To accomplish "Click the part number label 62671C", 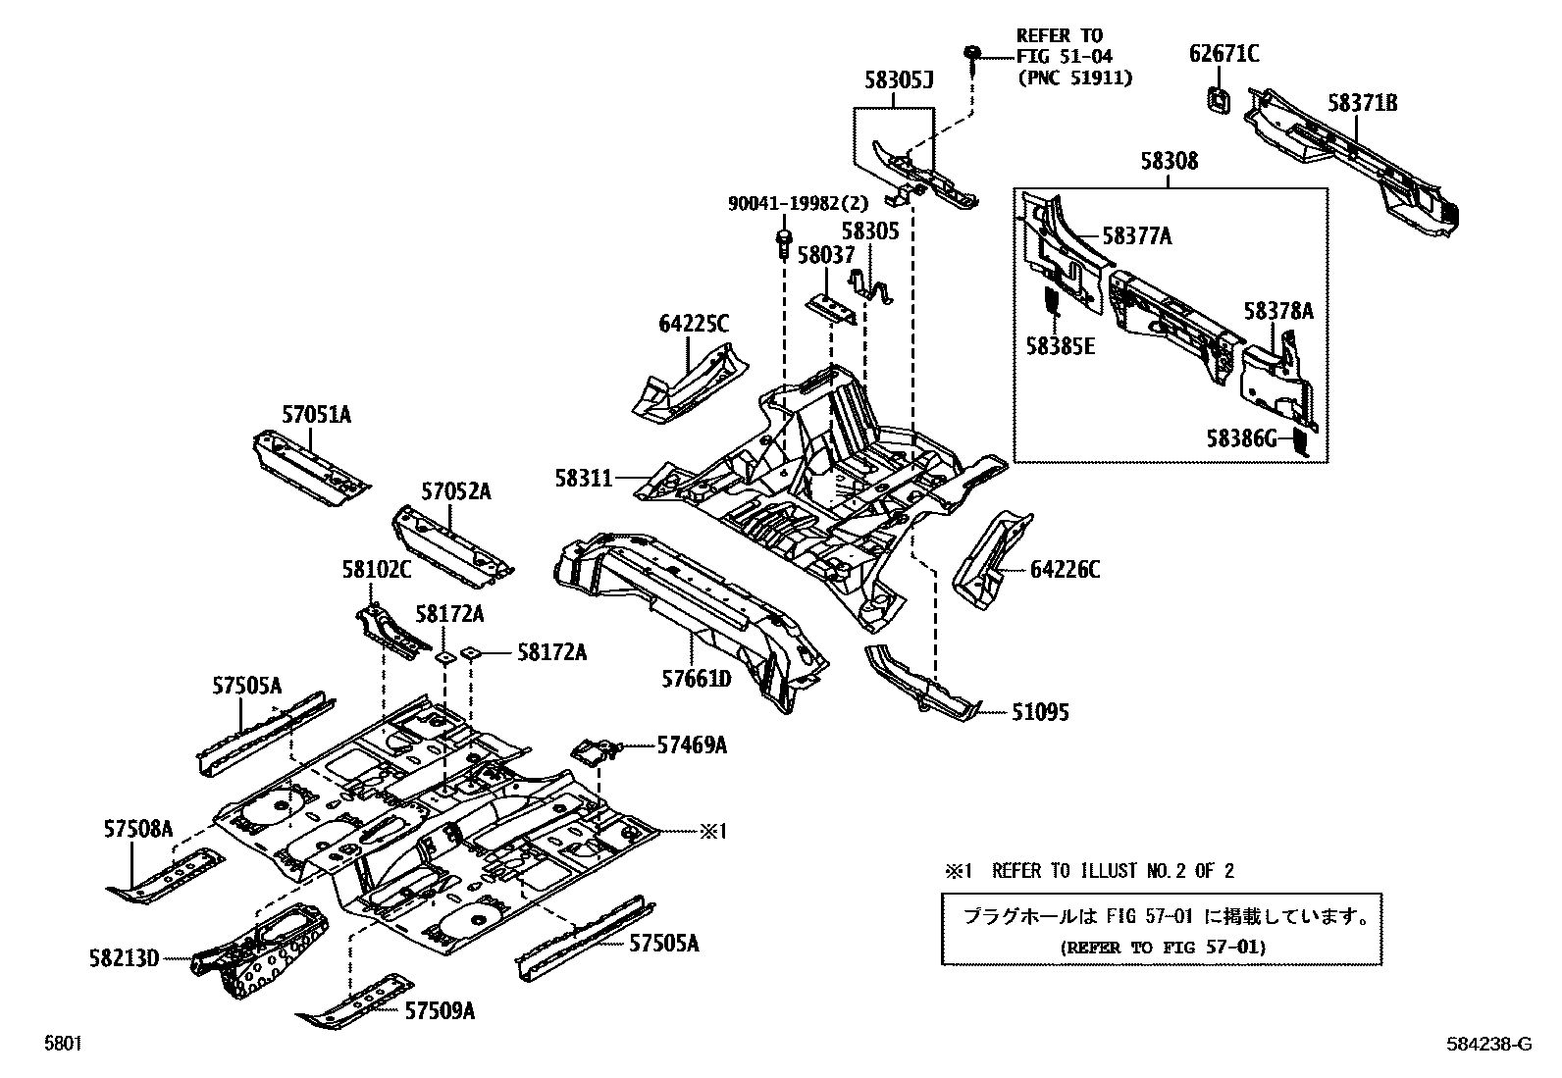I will (1224, 54).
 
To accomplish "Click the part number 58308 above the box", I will (1169, 161).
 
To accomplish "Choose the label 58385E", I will (1060, 346).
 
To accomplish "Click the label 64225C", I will (693, 324).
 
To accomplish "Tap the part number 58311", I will (584, 479).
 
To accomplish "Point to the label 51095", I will (1040, 713).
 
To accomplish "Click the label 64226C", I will (1065, 570).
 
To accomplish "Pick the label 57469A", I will (692, 746).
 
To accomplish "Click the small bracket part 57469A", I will (594, 753).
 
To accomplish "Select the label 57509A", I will (440, 1010).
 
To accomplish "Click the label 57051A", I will (316, 416).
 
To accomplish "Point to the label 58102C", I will (377, 569).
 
